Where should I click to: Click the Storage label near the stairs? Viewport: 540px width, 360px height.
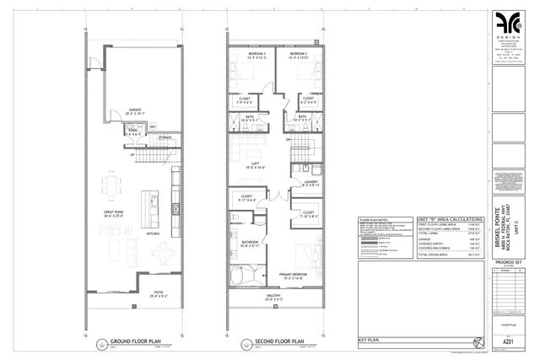click(165, 137)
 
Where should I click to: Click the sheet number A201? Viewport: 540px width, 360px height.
click(508, 341)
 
